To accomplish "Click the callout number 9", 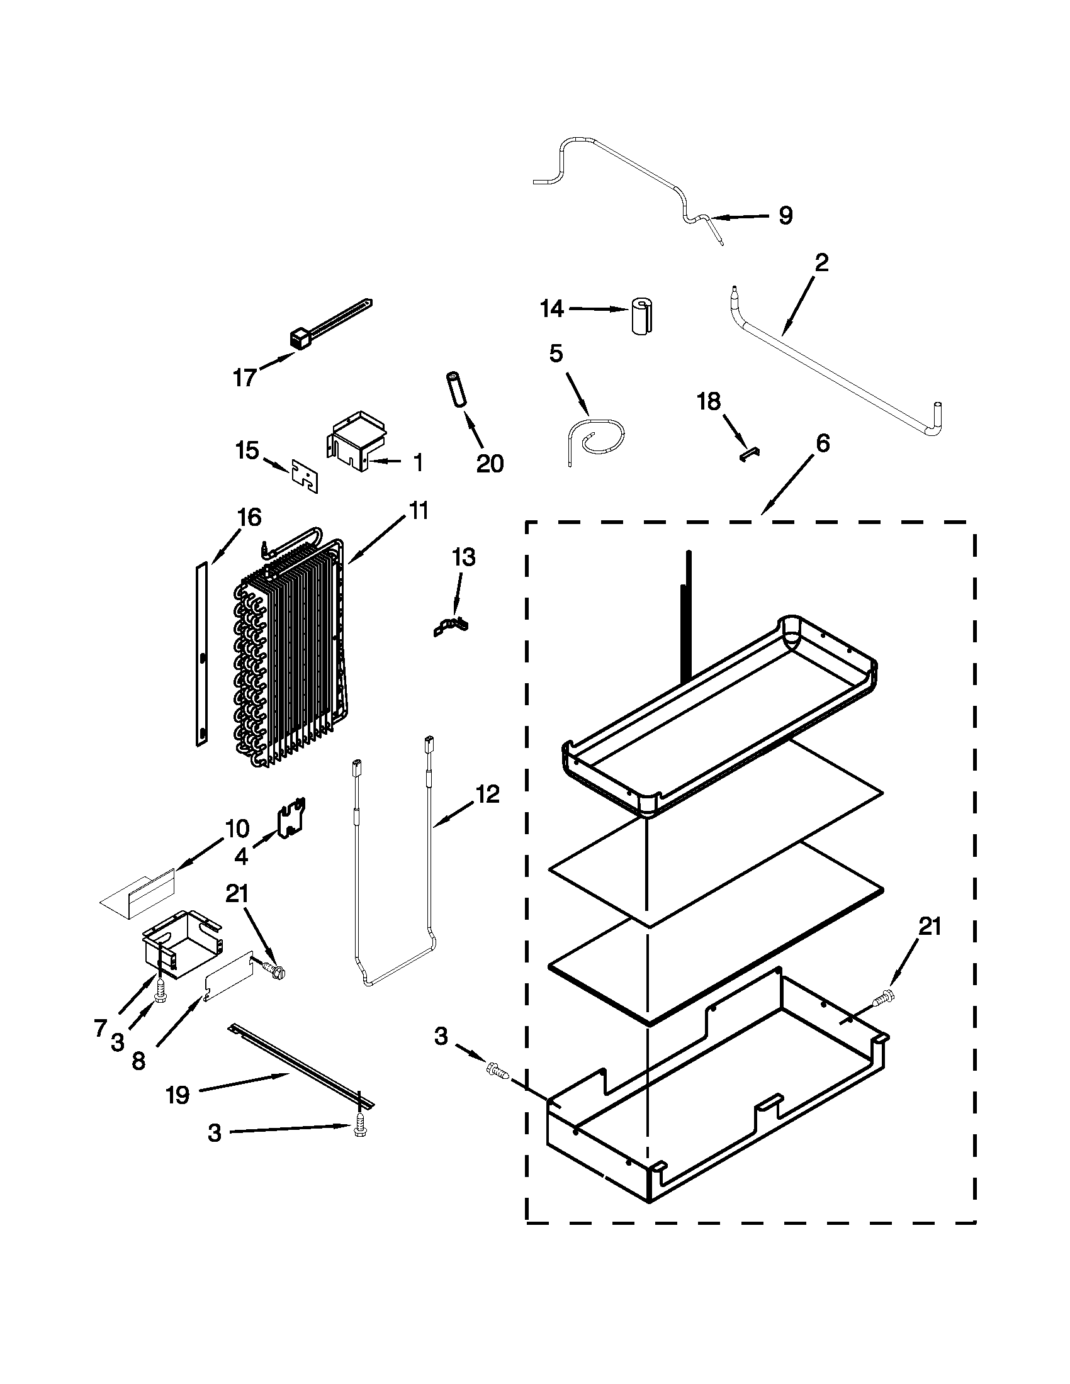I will point(785,216).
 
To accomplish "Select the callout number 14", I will point(551,309).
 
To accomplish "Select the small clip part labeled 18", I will point(750,451).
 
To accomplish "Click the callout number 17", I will point(244,377).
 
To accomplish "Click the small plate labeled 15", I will point(305,475).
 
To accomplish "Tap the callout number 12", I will point(487,794).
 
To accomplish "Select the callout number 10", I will point(237,829).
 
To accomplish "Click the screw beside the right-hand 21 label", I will point(884,1000).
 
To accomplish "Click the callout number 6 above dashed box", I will point(821,444).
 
